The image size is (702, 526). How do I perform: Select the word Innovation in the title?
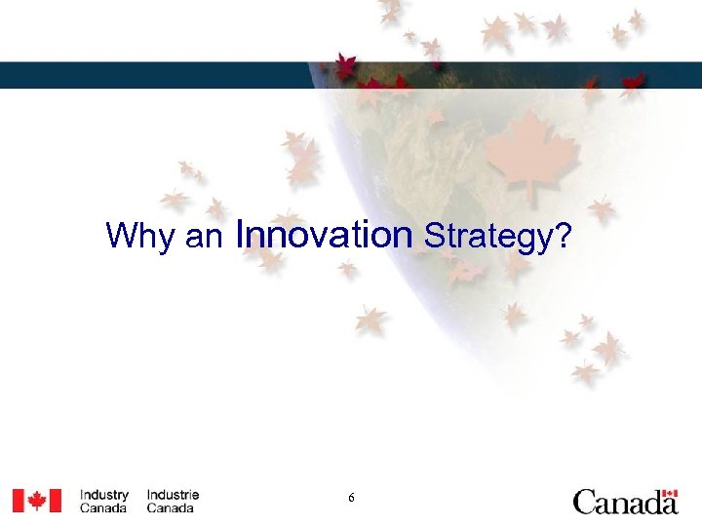pos(324,234)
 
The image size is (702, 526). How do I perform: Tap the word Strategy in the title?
pos(483,236)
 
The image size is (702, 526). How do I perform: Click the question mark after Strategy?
pos(560,235)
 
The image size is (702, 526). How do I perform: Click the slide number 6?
pos(351,499)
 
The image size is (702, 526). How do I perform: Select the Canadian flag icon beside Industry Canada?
pos(36,501)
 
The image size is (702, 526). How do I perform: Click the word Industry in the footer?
pos(103,495)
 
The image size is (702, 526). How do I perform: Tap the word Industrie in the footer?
pos(173,495)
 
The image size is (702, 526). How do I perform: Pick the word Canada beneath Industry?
pos(103,508)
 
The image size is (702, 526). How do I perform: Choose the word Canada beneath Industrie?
pos(171,508)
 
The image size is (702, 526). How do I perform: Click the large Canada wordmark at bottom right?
pos(625,502)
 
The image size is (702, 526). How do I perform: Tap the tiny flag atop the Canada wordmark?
pos(669,494)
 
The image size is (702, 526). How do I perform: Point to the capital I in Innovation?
pos(240,234)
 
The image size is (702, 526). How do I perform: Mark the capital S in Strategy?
pos(431,235)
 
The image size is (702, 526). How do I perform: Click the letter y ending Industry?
pos(125,497)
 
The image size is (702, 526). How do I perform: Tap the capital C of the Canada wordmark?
pos(585,503)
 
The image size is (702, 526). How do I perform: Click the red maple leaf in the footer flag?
pos(36,501)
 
